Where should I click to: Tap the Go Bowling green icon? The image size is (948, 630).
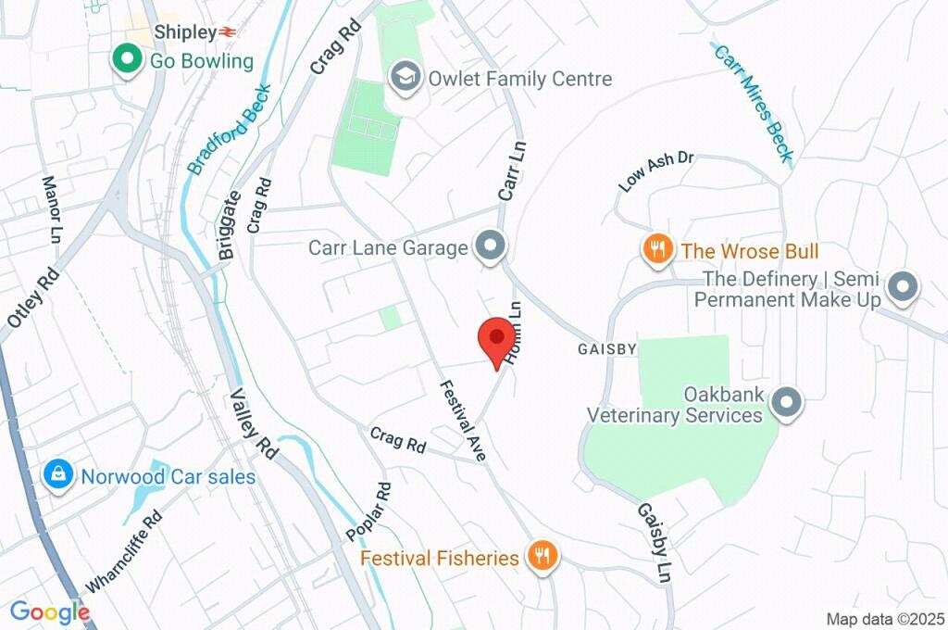click(125, 61)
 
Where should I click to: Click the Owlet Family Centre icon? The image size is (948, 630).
click(405, 78)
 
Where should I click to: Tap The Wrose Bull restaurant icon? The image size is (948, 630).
click(656, 250)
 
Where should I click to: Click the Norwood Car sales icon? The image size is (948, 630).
click(57, 476)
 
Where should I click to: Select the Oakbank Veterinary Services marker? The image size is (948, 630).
click(787, 404)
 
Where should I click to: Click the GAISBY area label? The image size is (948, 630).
click(607, 349)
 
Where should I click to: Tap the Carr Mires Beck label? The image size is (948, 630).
click(753, 102)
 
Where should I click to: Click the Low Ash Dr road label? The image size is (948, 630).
click(656, 171)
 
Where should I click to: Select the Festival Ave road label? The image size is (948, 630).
click(463, 422)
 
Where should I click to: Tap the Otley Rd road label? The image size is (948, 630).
click(33, 297)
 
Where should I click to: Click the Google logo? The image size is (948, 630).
click(50, 611)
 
